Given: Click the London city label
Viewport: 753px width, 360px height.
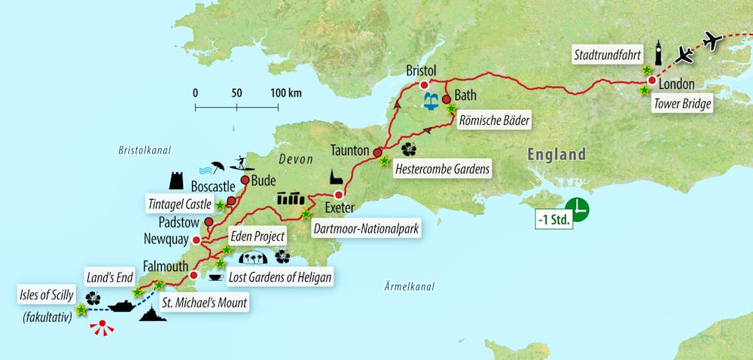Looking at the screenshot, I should tap(677, 84).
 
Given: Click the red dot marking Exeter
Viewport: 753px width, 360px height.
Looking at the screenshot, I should tap(338, 195).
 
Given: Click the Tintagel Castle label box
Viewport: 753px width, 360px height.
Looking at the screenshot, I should tap(180, 203).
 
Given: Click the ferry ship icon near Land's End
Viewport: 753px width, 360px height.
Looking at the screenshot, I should tap(122, 306).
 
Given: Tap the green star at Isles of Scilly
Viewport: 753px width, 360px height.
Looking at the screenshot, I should tap(81, 308).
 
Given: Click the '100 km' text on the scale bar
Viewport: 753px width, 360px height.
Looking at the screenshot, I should tap(285, 93).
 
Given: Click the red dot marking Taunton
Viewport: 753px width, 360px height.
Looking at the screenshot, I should tap(377, 152).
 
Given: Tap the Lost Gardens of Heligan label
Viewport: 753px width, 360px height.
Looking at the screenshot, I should tap(279, 277).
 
